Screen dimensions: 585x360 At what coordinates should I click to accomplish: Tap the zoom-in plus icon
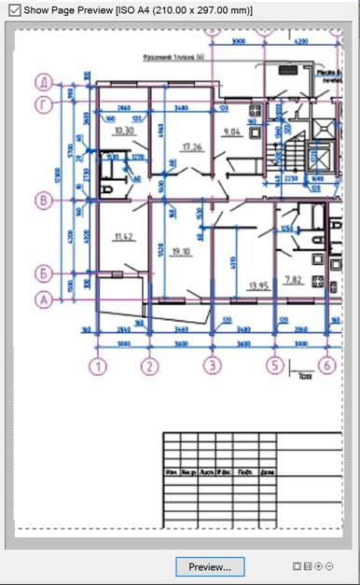319,566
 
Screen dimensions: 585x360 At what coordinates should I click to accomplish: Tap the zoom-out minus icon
329,566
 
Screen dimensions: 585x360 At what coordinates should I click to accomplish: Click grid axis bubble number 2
148,365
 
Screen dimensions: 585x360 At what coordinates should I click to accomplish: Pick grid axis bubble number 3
213,365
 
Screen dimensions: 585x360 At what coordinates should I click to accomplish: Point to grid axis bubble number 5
274,365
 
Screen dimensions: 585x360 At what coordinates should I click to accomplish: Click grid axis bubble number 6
326,365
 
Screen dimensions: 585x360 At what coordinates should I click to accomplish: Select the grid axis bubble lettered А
42,300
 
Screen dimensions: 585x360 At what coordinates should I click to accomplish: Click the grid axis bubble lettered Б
42,273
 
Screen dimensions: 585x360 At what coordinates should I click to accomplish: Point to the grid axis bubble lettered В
42,199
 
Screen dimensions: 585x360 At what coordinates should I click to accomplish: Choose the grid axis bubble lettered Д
42,80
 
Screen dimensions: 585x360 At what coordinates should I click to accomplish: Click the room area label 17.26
192,146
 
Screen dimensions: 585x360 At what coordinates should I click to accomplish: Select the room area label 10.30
123,132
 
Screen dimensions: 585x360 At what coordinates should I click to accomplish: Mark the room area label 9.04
233,132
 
